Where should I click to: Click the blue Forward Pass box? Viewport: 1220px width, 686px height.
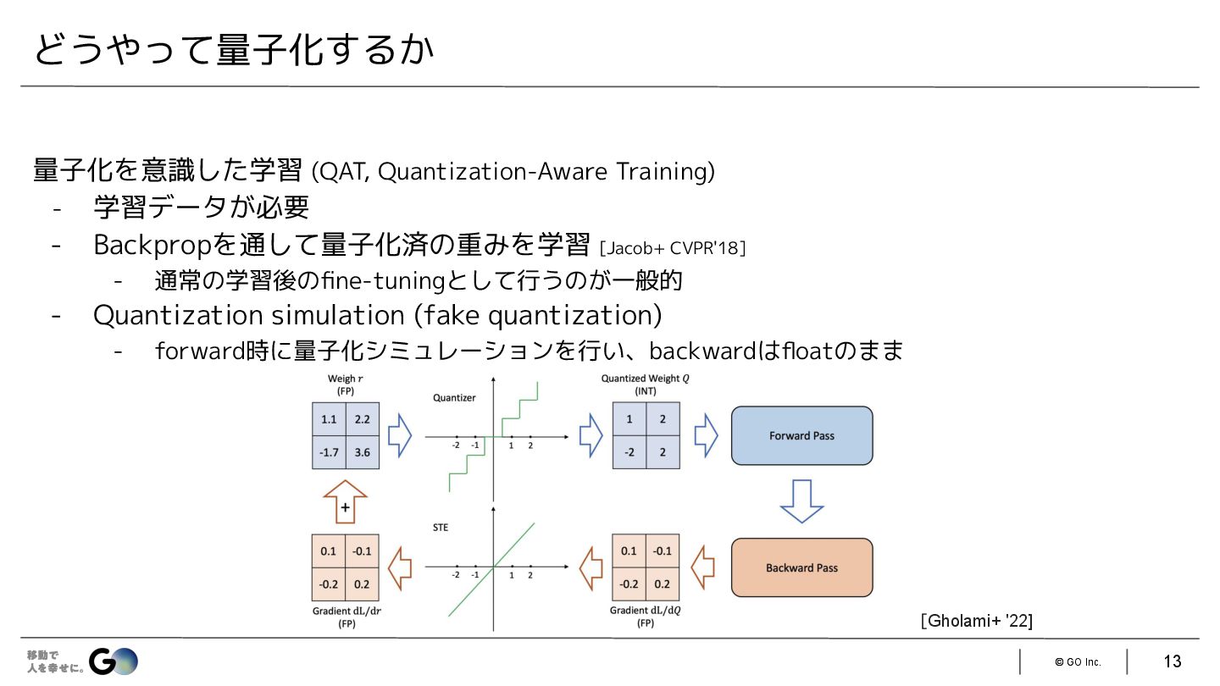[x=801, y=435]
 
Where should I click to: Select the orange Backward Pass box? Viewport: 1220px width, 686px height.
[x=801, y=567]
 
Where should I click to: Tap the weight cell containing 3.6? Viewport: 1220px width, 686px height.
[x=363, y=452]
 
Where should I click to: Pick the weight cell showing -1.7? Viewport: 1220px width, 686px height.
[x=329, y=452]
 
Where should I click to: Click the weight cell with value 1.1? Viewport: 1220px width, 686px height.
[x=329, y=419]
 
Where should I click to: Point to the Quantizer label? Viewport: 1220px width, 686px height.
[x=454, y=397]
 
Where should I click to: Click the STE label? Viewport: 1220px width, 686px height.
[x=441, y=528]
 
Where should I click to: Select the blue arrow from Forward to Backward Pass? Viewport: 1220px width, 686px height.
[x=801, y=501]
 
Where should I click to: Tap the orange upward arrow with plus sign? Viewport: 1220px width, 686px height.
[x=346, y=502]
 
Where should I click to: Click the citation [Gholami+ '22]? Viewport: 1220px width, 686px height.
[x=976, y=621]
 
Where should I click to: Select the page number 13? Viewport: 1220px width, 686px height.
[x=1172, y=661]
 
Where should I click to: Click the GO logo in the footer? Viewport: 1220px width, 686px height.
[x=114, y=661]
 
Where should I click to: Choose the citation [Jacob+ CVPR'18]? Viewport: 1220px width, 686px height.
[x=672, y=248]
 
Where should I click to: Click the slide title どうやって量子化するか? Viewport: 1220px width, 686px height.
[x=234, y=50]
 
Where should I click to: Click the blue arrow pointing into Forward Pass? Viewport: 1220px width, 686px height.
[x=705, y=435]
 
